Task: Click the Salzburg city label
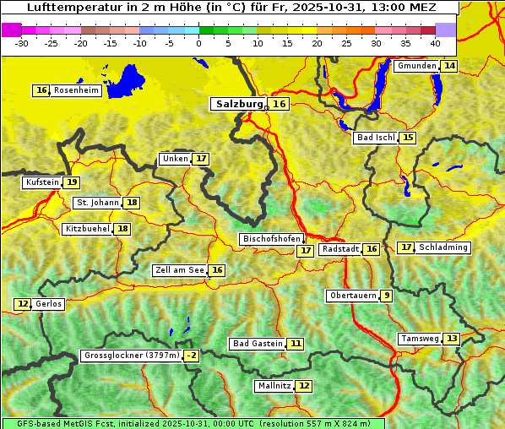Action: coord(236,104)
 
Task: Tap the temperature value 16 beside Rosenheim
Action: coord(41,90)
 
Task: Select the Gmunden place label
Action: coord(416,66)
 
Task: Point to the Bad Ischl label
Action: coord(375,138)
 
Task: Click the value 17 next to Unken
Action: coord(200,159)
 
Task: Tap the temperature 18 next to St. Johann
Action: coord(132,203)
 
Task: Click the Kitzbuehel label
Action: coord(87,229)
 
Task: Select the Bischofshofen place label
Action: coord(271,240)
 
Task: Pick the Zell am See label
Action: coord(180,271)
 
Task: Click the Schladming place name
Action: coord(443,247)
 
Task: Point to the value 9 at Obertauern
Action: coord(386,296)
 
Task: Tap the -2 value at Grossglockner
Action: coord(192,356)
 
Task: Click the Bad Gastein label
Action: coord(258,344)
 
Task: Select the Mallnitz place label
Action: coord(274,386)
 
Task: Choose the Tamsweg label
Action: coord(420,339)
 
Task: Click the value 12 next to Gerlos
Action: coord(23,304)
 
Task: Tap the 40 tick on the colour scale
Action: coord(435,43)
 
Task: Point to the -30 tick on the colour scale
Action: coord(22,43)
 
